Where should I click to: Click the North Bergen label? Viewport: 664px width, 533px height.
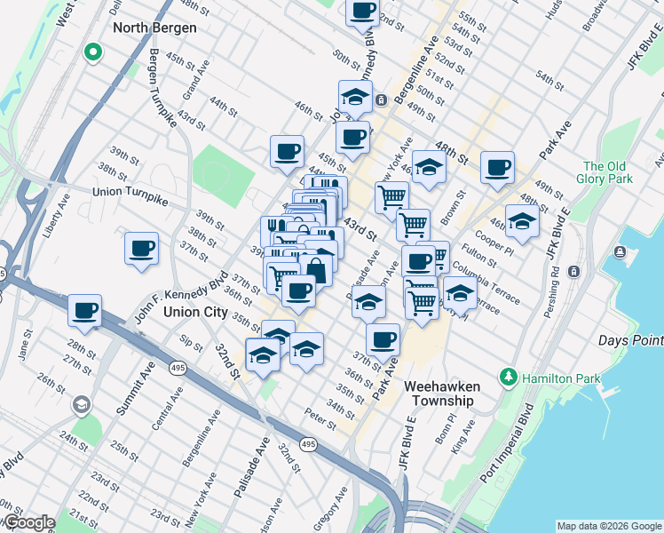(154, 28)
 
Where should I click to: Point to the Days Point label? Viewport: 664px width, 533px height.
(631, 341)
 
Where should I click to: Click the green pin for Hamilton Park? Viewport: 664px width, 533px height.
(508, 377)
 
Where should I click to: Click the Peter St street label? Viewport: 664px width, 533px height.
(320, 418)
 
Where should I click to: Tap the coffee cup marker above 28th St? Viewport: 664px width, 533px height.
(85, 311)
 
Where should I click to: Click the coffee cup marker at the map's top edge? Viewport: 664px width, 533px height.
(361, 12)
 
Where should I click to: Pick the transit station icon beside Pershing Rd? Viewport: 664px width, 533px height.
(574, 270)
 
